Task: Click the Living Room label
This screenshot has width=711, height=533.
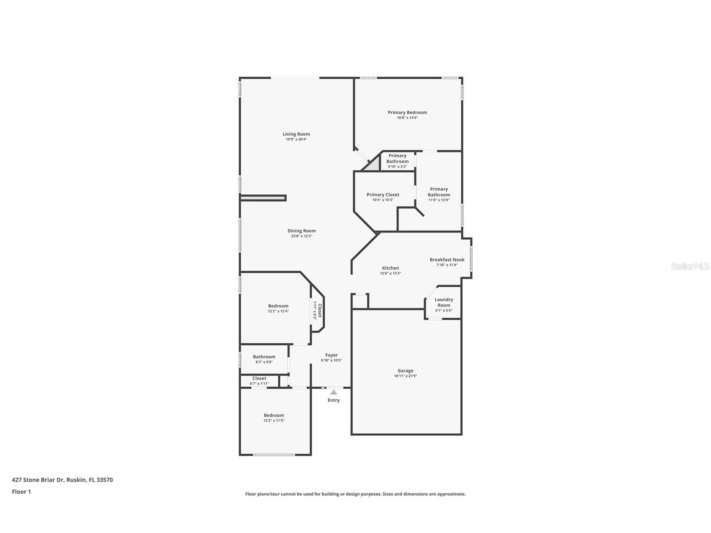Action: click(x=296, y=134)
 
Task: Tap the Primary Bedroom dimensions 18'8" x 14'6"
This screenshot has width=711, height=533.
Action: click(x=407, y=118)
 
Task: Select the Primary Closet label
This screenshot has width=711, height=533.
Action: click(x=383, y=194)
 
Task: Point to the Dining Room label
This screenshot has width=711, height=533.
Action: click(x=302, y=231)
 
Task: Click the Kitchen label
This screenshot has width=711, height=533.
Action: click(x=390, y=268)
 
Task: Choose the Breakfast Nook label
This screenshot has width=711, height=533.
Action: click(x=447, y=260)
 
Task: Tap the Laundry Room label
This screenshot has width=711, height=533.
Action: click(x=444, y=302)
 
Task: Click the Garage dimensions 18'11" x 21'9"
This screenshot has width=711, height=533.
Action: click(x=405, y=376)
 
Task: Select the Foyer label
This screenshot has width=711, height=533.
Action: click(x=331, y=355)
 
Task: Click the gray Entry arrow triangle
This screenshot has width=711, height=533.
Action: click(x=334, y=393)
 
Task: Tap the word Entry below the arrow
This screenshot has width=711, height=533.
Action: click(x=334, y=400)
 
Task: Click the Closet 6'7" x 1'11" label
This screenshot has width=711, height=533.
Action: click(x=259, y=378)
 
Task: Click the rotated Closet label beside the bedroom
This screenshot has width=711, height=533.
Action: click(x=320, y=310)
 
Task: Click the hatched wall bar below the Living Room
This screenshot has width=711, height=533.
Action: click(x=263, y=198)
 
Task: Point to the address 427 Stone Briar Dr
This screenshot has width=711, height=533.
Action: click(x=62, y=480)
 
